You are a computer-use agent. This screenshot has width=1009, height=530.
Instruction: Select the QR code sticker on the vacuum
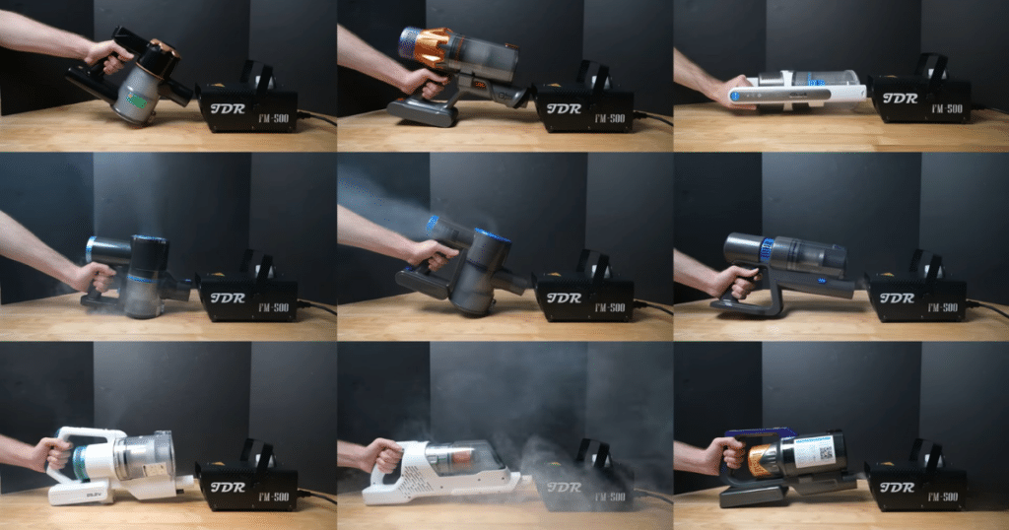point(818,452)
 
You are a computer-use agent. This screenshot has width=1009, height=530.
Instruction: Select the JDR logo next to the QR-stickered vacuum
point(898,488)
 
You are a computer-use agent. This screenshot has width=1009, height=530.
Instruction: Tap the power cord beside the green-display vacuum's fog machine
point(317,117)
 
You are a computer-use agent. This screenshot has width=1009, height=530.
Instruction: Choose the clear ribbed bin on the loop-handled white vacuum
point(146,456)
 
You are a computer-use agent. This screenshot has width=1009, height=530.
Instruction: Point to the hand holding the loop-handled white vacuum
point(49,455)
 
